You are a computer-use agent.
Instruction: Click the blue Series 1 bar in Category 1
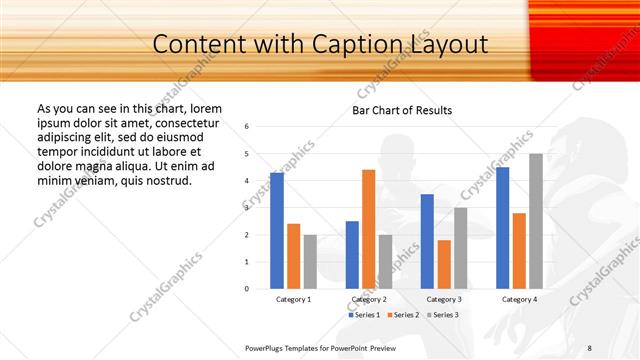coord(277,230)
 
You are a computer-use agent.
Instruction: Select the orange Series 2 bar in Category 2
coord(368,229)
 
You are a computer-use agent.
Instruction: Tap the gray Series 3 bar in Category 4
coord(536,221)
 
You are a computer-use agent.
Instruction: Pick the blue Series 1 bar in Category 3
coord(427,241)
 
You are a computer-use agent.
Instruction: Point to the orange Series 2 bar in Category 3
coord(444,264)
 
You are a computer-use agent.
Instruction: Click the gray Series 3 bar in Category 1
coord(310,261)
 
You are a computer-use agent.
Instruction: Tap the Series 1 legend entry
coord(364,315)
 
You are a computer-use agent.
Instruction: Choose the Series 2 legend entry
coord(405,315)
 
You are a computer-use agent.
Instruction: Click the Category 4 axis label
coord(519,299)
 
